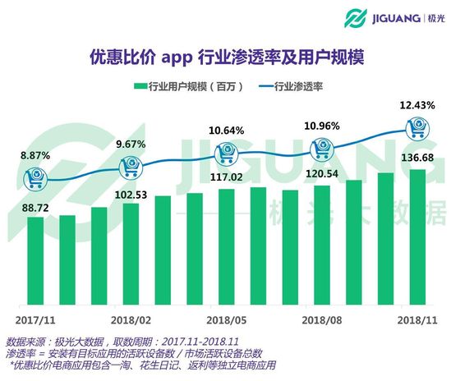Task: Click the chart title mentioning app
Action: [225, 58]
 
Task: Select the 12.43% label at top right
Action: [415, 103]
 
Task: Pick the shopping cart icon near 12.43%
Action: [416, 126]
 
